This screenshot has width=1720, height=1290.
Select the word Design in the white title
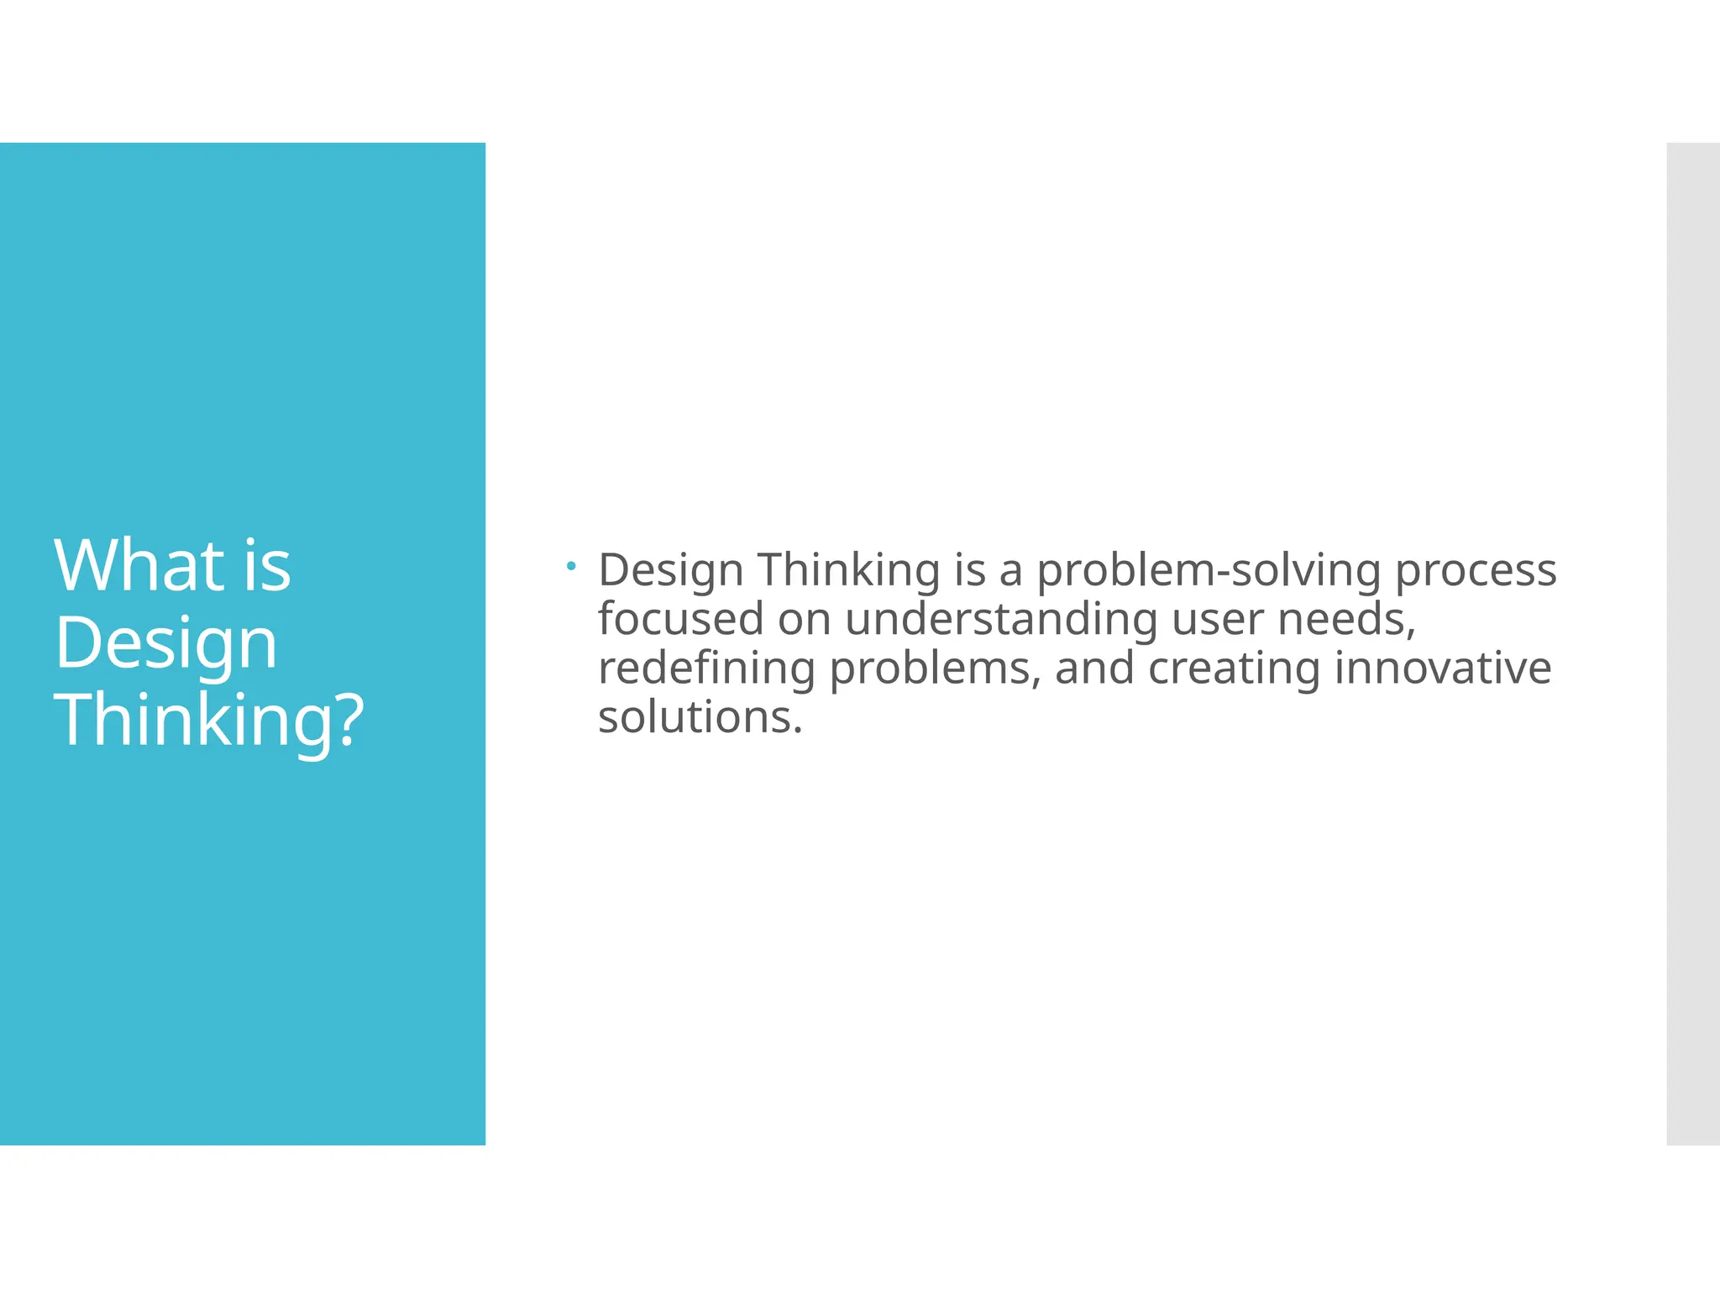tap(165, 643)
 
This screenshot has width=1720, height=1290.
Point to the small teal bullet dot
tap(571, 567)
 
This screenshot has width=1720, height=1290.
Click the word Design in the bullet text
tap(670, 570)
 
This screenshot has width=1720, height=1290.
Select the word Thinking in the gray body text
tap(848, 570)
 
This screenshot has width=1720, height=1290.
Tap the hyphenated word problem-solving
tap(1209, 570)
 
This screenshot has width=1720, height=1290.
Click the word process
tap(1476, 570)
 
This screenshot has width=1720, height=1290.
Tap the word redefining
tap(706, 669)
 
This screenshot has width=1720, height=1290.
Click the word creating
tap(1234, 669)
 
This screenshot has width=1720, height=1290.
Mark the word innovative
tap(1442, 669)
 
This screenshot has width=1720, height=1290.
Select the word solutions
tap(700, 717)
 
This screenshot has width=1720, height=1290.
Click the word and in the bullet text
tap(1094, 669)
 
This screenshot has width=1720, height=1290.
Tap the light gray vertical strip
tap(1693, 643)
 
